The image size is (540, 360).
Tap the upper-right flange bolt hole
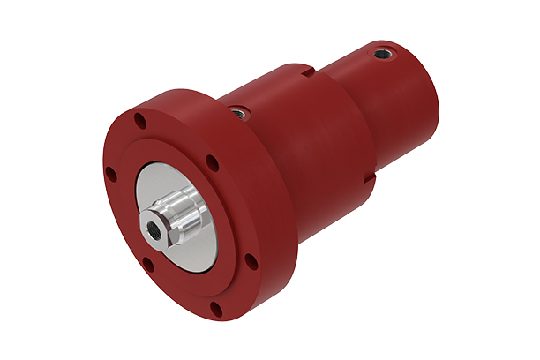point(212,162)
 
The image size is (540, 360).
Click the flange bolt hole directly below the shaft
point(148,262)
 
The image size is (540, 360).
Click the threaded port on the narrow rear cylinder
point(381,54)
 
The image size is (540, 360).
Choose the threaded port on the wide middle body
point(236,112)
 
